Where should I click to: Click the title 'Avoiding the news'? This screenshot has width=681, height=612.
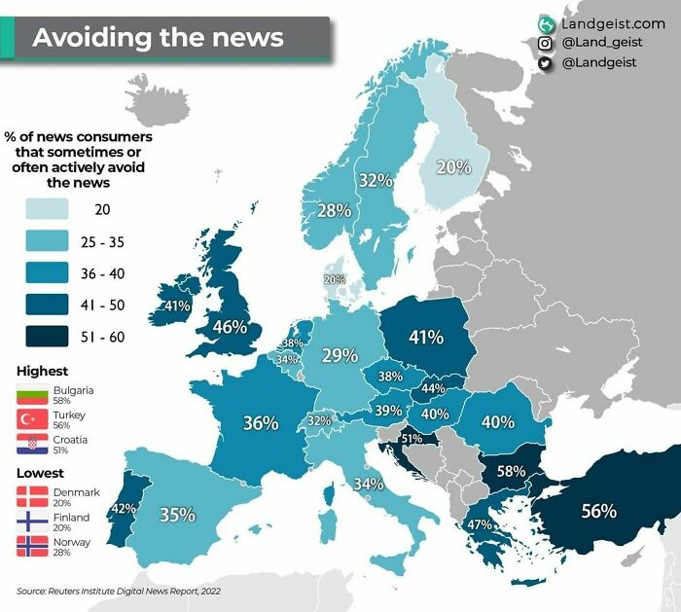tap(158, 38)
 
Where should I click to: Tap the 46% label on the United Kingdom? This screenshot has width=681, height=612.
tap(230, 327)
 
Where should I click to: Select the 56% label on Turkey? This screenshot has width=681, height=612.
tap(598, 511)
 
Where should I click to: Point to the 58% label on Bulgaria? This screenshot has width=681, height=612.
tap(512, 471)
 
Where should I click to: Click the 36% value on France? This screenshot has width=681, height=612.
tap(261, 423)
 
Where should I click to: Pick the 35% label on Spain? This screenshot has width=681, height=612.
tap(178, 514)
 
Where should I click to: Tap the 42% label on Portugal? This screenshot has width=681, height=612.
tap(124, 508)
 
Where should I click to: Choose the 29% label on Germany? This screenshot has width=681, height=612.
tap(340, 356)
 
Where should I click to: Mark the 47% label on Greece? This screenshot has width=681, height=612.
tap(479, 524)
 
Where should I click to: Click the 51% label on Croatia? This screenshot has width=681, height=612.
tap(412, 439)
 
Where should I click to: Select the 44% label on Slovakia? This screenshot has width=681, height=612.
tap(432, 388)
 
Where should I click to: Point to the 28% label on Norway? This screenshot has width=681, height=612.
tap(334, 210)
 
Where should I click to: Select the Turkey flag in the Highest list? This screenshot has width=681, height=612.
tap(33, 419)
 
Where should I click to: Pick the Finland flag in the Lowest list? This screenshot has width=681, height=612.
tap(33, 521)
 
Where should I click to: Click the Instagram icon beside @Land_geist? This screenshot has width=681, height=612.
tap(546, 43)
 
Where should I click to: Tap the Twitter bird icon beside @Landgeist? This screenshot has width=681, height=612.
tap(546, 63)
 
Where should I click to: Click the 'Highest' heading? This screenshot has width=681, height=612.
tap(43, 371)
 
